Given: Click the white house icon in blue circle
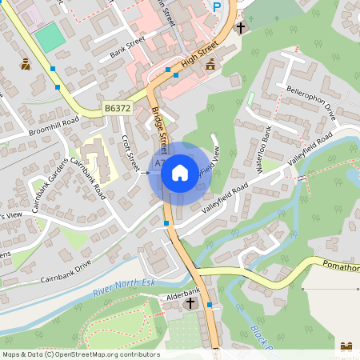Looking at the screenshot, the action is pos(179,171).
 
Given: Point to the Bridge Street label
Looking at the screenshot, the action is pos(158,127).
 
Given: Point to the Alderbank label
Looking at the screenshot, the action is pos(182,294).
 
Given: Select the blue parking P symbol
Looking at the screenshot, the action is pos(216,6).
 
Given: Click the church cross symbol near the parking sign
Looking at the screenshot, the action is pos(241,29).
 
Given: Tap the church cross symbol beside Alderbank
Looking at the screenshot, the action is pos(190,304).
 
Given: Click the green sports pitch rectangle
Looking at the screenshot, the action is pos(50,35).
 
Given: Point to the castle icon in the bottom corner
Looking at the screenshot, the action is pos(346,346).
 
